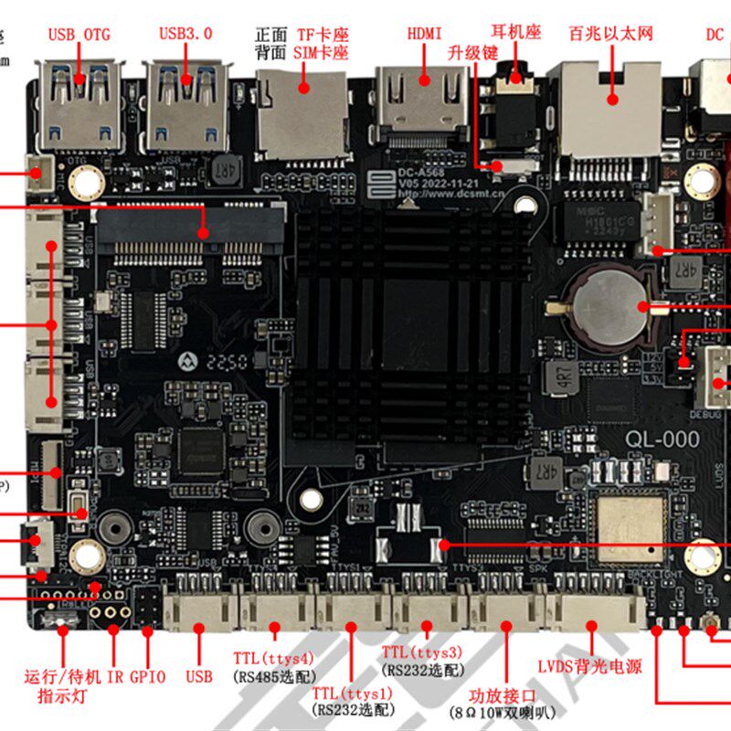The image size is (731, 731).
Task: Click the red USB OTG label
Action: pyautogui.click(x=79, y=35)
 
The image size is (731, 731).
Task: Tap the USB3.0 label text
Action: pyautogui.click(x=185, y=34)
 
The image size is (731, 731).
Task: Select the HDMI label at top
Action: pyautogui.click(x=425, y=34)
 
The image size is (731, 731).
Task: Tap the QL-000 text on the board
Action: pyautogui.click(x=662, y=440)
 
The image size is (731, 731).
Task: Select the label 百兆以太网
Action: pyautogui.click(x=610, y=35)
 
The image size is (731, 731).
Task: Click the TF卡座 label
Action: pyautogui.click(x=322, y=35)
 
